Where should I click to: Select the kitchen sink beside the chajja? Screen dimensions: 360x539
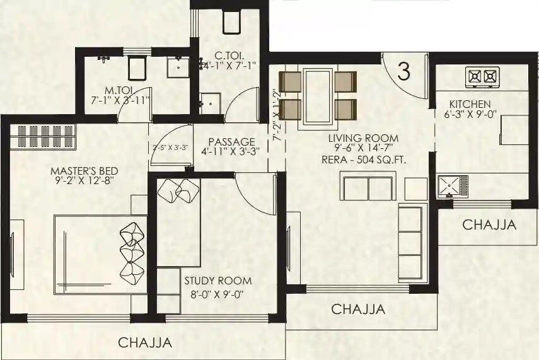click(x=453, y=187)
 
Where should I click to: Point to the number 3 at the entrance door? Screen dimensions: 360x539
click(x=404, y=71)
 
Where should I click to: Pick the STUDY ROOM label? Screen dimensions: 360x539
click(x=217, y=281)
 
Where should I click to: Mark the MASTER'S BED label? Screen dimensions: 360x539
click(x=84, y=171)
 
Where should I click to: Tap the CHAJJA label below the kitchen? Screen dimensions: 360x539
click(x=489, y=224)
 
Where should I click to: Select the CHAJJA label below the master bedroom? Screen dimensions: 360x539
click(x=145, y=343)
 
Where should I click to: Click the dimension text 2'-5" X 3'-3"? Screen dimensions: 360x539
click(x=171, y=148)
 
